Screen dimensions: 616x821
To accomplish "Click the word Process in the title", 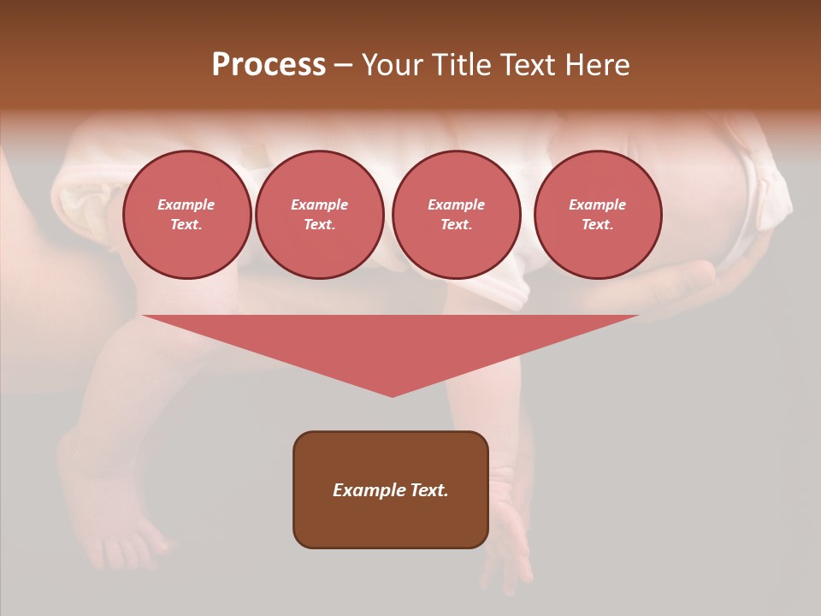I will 269,65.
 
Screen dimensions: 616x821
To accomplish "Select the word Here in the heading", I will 598,65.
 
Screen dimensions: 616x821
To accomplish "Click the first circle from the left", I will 187,215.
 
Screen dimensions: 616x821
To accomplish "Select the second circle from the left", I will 320,215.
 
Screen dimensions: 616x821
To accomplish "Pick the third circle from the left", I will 457,215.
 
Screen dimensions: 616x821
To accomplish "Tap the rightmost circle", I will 598,215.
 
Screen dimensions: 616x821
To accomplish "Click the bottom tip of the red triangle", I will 392,394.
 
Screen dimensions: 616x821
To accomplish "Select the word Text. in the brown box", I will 428,490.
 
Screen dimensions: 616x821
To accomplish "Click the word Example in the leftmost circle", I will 186,204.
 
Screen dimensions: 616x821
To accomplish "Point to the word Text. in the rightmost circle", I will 598,225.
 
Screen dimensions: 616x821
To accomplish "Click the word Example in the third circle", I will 457,204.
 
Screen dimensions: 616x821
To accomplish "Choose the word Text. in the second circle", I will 320,225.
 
